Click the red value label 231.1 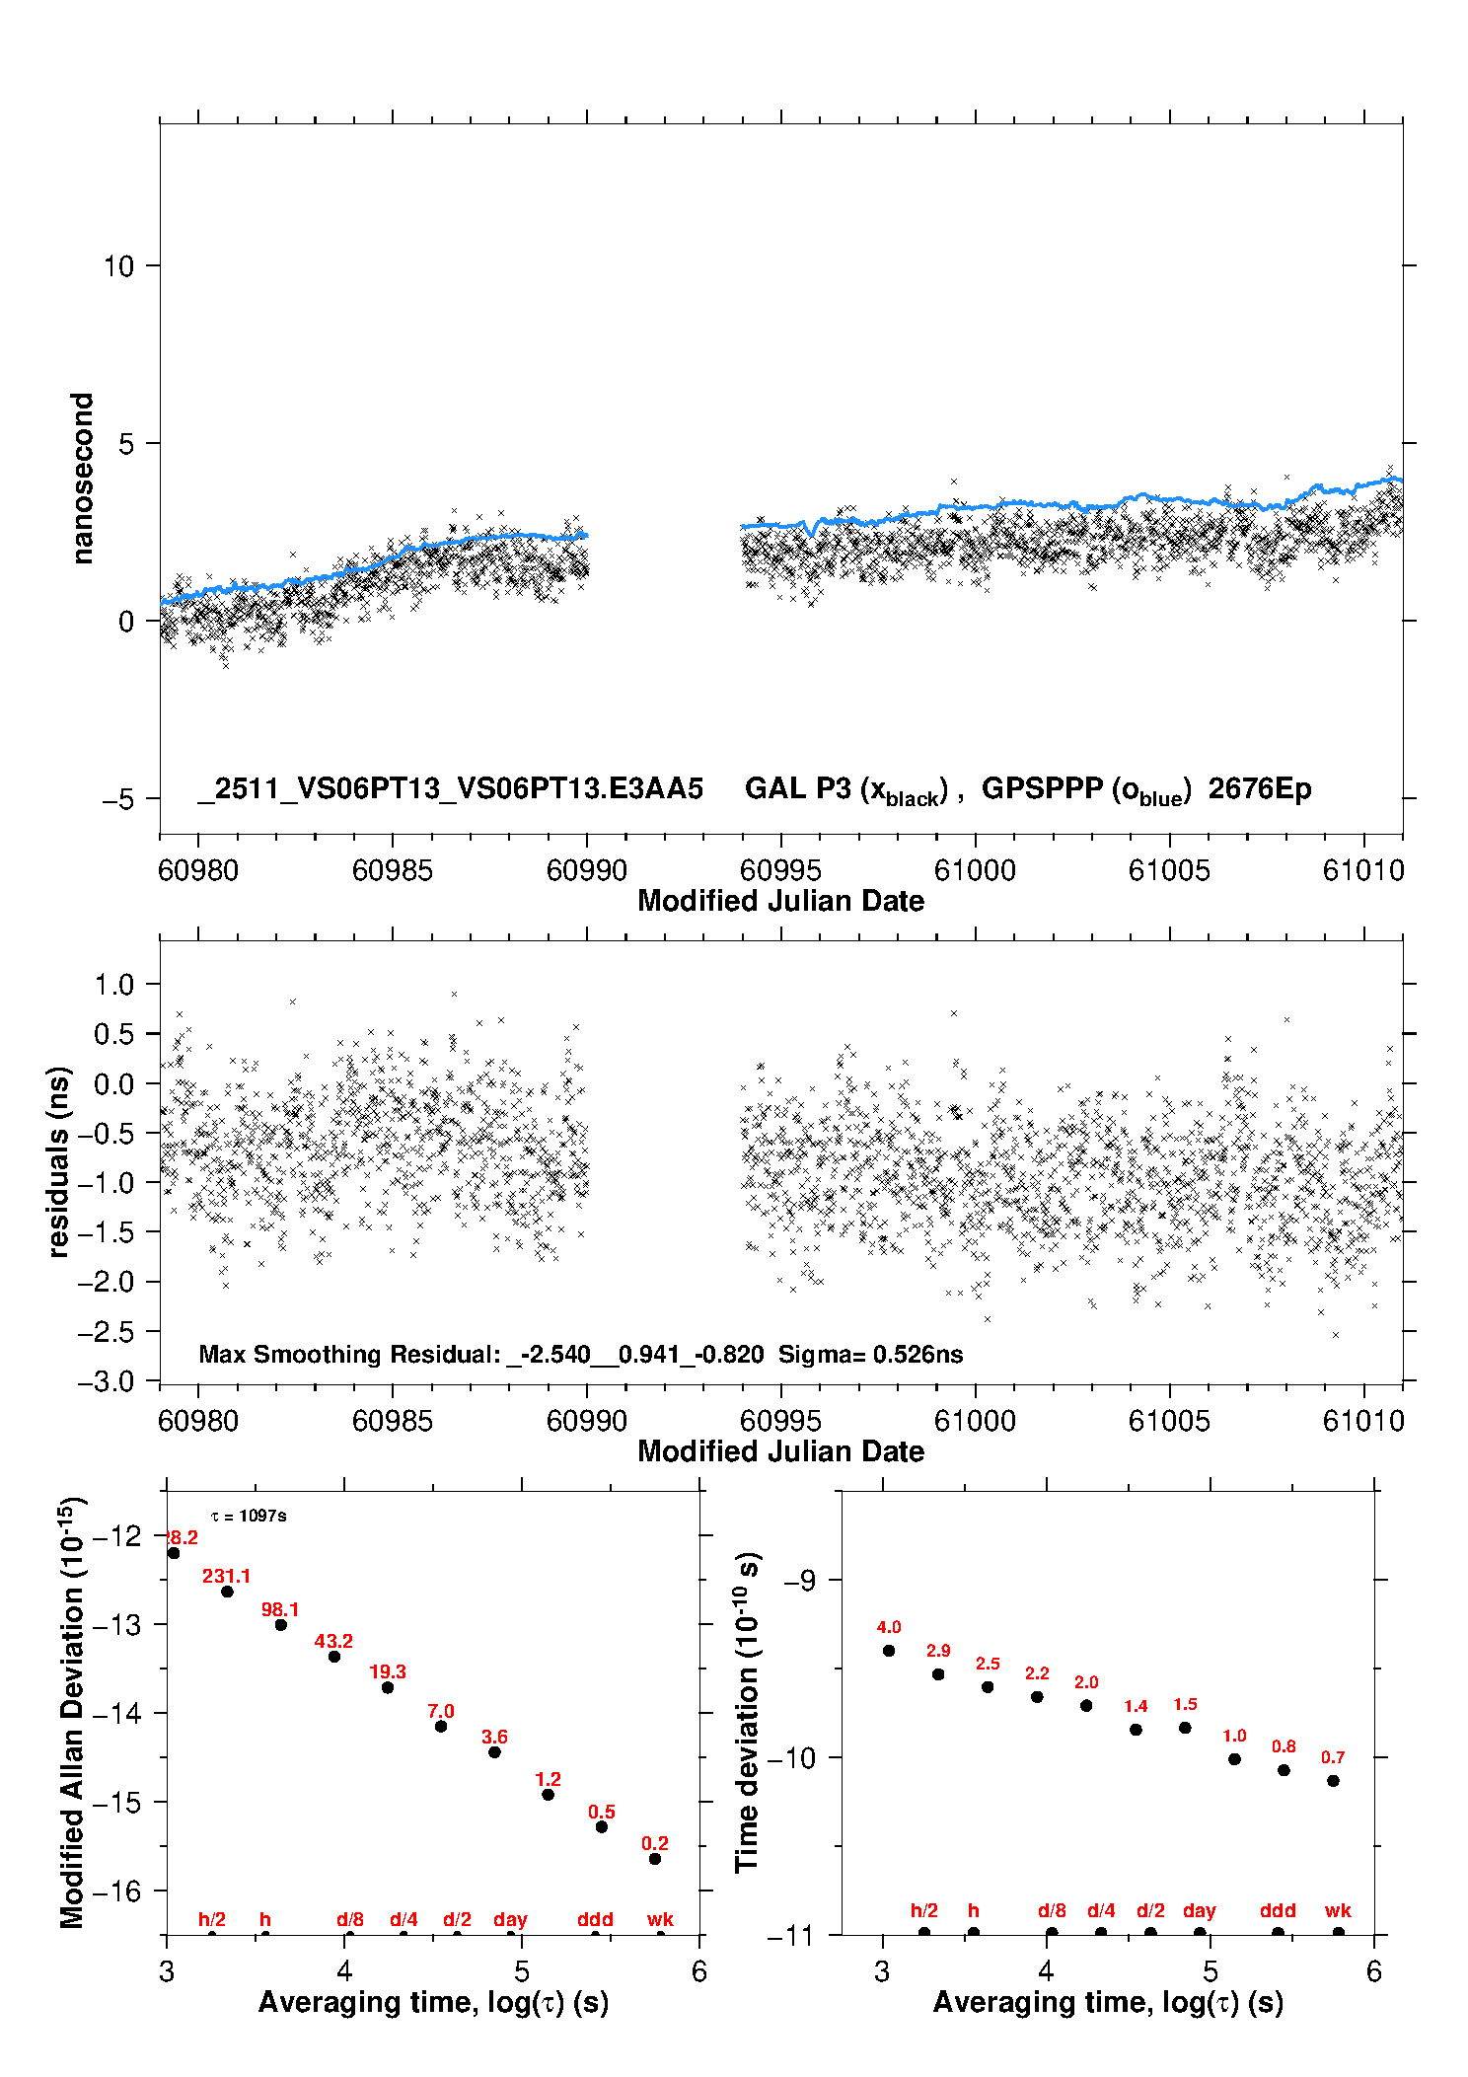coord(226,1577)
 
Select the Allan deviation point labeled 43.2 coord(334,1657)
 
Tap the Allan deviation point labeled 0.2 coord(655,1859)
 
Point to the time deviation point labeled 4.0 coord(889,1651)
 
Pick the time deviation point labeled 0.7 coord(1333,1781)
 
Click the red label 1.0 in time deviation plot coord(1234,1737)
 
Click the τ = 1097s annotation coord(249,1517)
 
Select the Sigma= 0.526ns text coord(870,1355)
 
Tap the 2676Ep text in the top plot coord(1260,789)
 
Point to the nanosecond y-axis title coord(83,479)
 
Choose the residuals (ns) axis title coord(59,1161)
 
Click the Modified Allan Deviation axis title coord(72,1712)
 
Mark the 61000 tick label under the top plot coord(975,871)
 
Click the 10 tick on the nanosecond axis coord(118,266)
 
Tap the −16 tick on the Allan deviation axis coord(116,1892)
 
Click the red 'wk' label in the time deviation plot coord(1338,1911)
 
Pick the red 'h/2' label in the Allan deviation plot coord(212,1920)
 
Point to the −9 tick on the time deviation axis coord(800,1581)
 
